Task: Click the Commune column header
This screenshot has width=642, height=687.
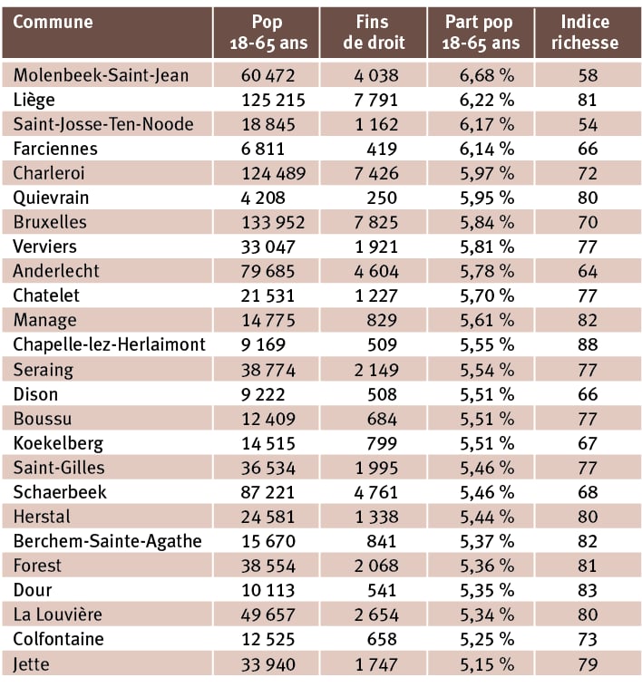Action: pos(53,23)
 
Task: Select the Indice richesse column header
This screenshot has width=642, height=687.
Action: pos(586,32)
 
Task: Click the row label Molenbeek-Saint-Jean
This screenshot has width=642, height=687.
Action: pos(101,75)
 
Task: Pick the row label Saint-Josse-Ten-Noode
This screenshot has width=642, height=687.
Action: pos(103,124)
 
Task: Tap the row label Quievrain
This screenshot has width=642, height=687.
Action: pos(51,198)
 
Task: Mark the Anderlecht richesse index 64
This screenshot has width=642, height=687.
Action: pos(587,271)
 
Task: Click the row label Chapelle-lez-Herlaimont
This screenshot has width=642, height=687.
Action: pos(109,344)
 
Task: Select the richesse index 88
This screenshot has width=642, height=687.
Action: pos(587,344)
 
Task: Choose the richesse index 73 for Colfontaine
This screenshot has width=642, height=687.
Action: pos(587,639)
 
